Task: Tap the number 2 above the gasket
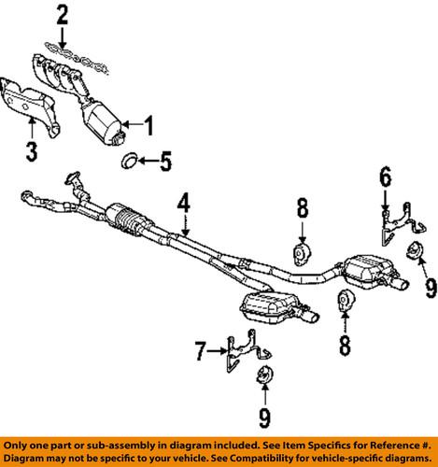62,14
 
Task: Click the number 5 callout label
164,164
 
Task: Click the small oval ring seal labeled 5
129,164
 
